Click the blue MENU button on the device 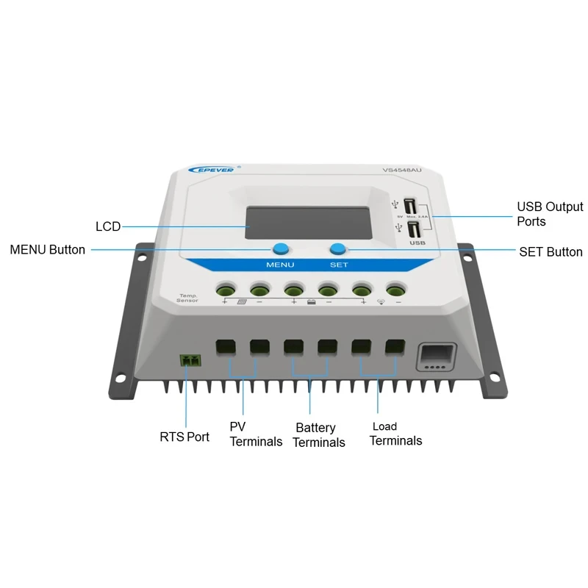point(279,248)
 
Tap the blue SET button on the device point(338,248)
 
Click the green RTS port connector point(190,360)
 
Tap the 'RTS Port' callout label point(184,437)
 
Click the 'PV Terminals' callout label point(255,434)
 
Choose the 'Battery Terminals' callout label point(318,434)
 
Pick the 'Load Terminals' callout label point(395,434)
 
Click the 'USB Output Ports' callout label point(550,214)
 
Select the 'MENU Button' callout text point(47,250)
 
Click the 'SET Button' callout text point(551,252)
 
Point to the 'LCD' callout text point(108,226)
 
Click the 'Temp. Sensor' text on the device point(187,298)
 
